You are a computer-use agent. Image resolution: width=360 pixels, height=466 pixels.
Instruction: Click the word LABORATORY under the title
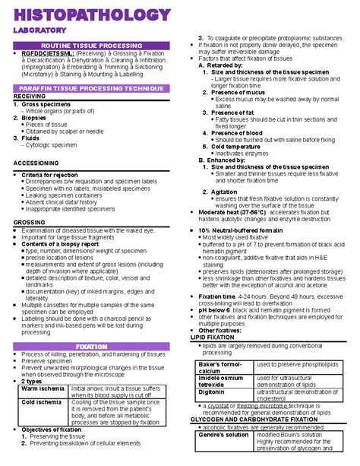pos(38,30)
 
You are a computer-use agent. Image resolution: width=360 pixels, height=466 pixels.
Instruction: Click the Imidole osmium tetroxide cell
pos(222,381)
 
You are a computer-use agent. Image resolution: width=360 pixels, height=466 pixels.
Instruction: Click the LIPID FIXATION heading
pos(217,337)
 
